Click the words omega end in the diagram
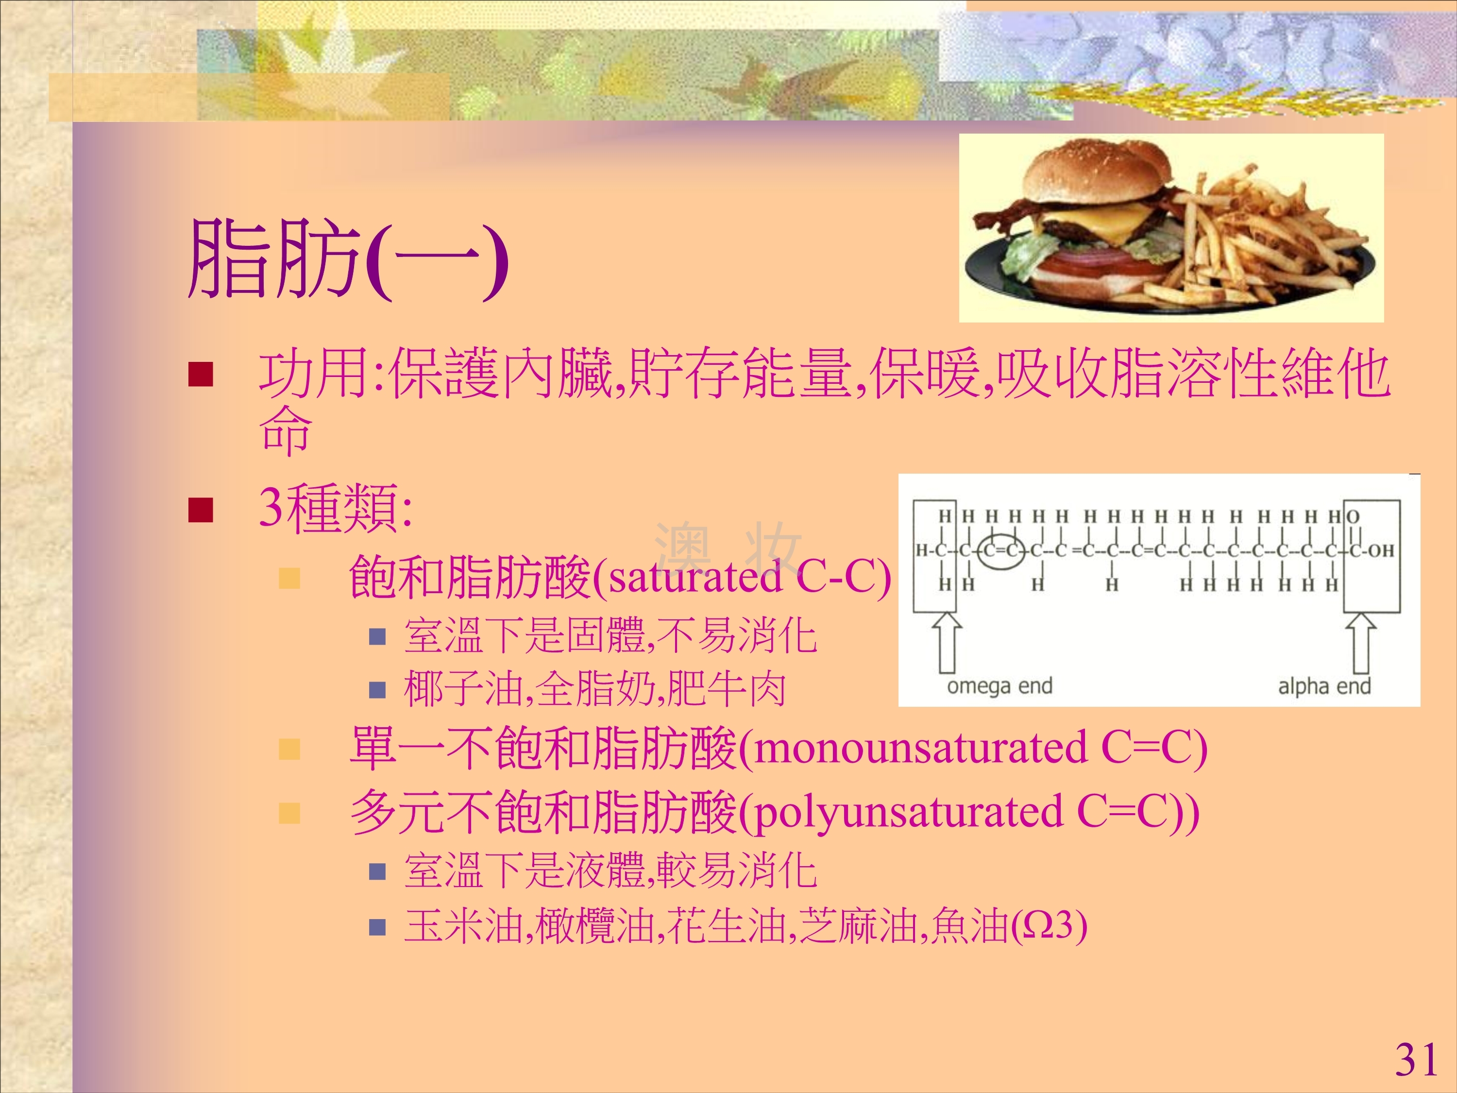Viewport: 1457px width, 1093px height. (x=999, y=686)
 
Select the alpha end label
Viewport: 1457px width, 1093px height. (x=1324, y=686)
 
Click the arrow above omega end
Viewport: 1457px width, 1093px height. (x=947, y=642)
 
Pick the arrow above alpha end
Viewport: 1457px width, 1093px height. (x=1360, y=642)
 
